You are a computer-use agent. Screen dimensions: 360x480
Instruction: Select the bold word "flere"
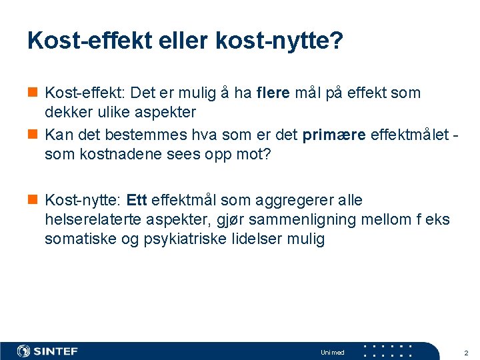click(x=273, y=93)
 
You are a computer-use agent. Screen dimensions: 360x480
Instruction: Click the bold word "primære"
click(x=333, y=135)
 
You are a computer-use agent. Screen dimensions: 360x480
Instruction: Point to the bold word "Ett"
click(x=136, y=201)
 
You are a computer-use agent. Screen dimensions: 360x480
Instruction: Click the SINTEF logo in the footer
click(x=47, y=351)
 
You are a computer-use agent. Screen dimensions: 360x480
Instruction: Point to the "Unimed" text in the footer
click(x=332, y=352)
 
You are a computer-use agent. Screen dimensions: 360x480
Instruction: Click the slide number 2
click(x=465, y=352)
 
